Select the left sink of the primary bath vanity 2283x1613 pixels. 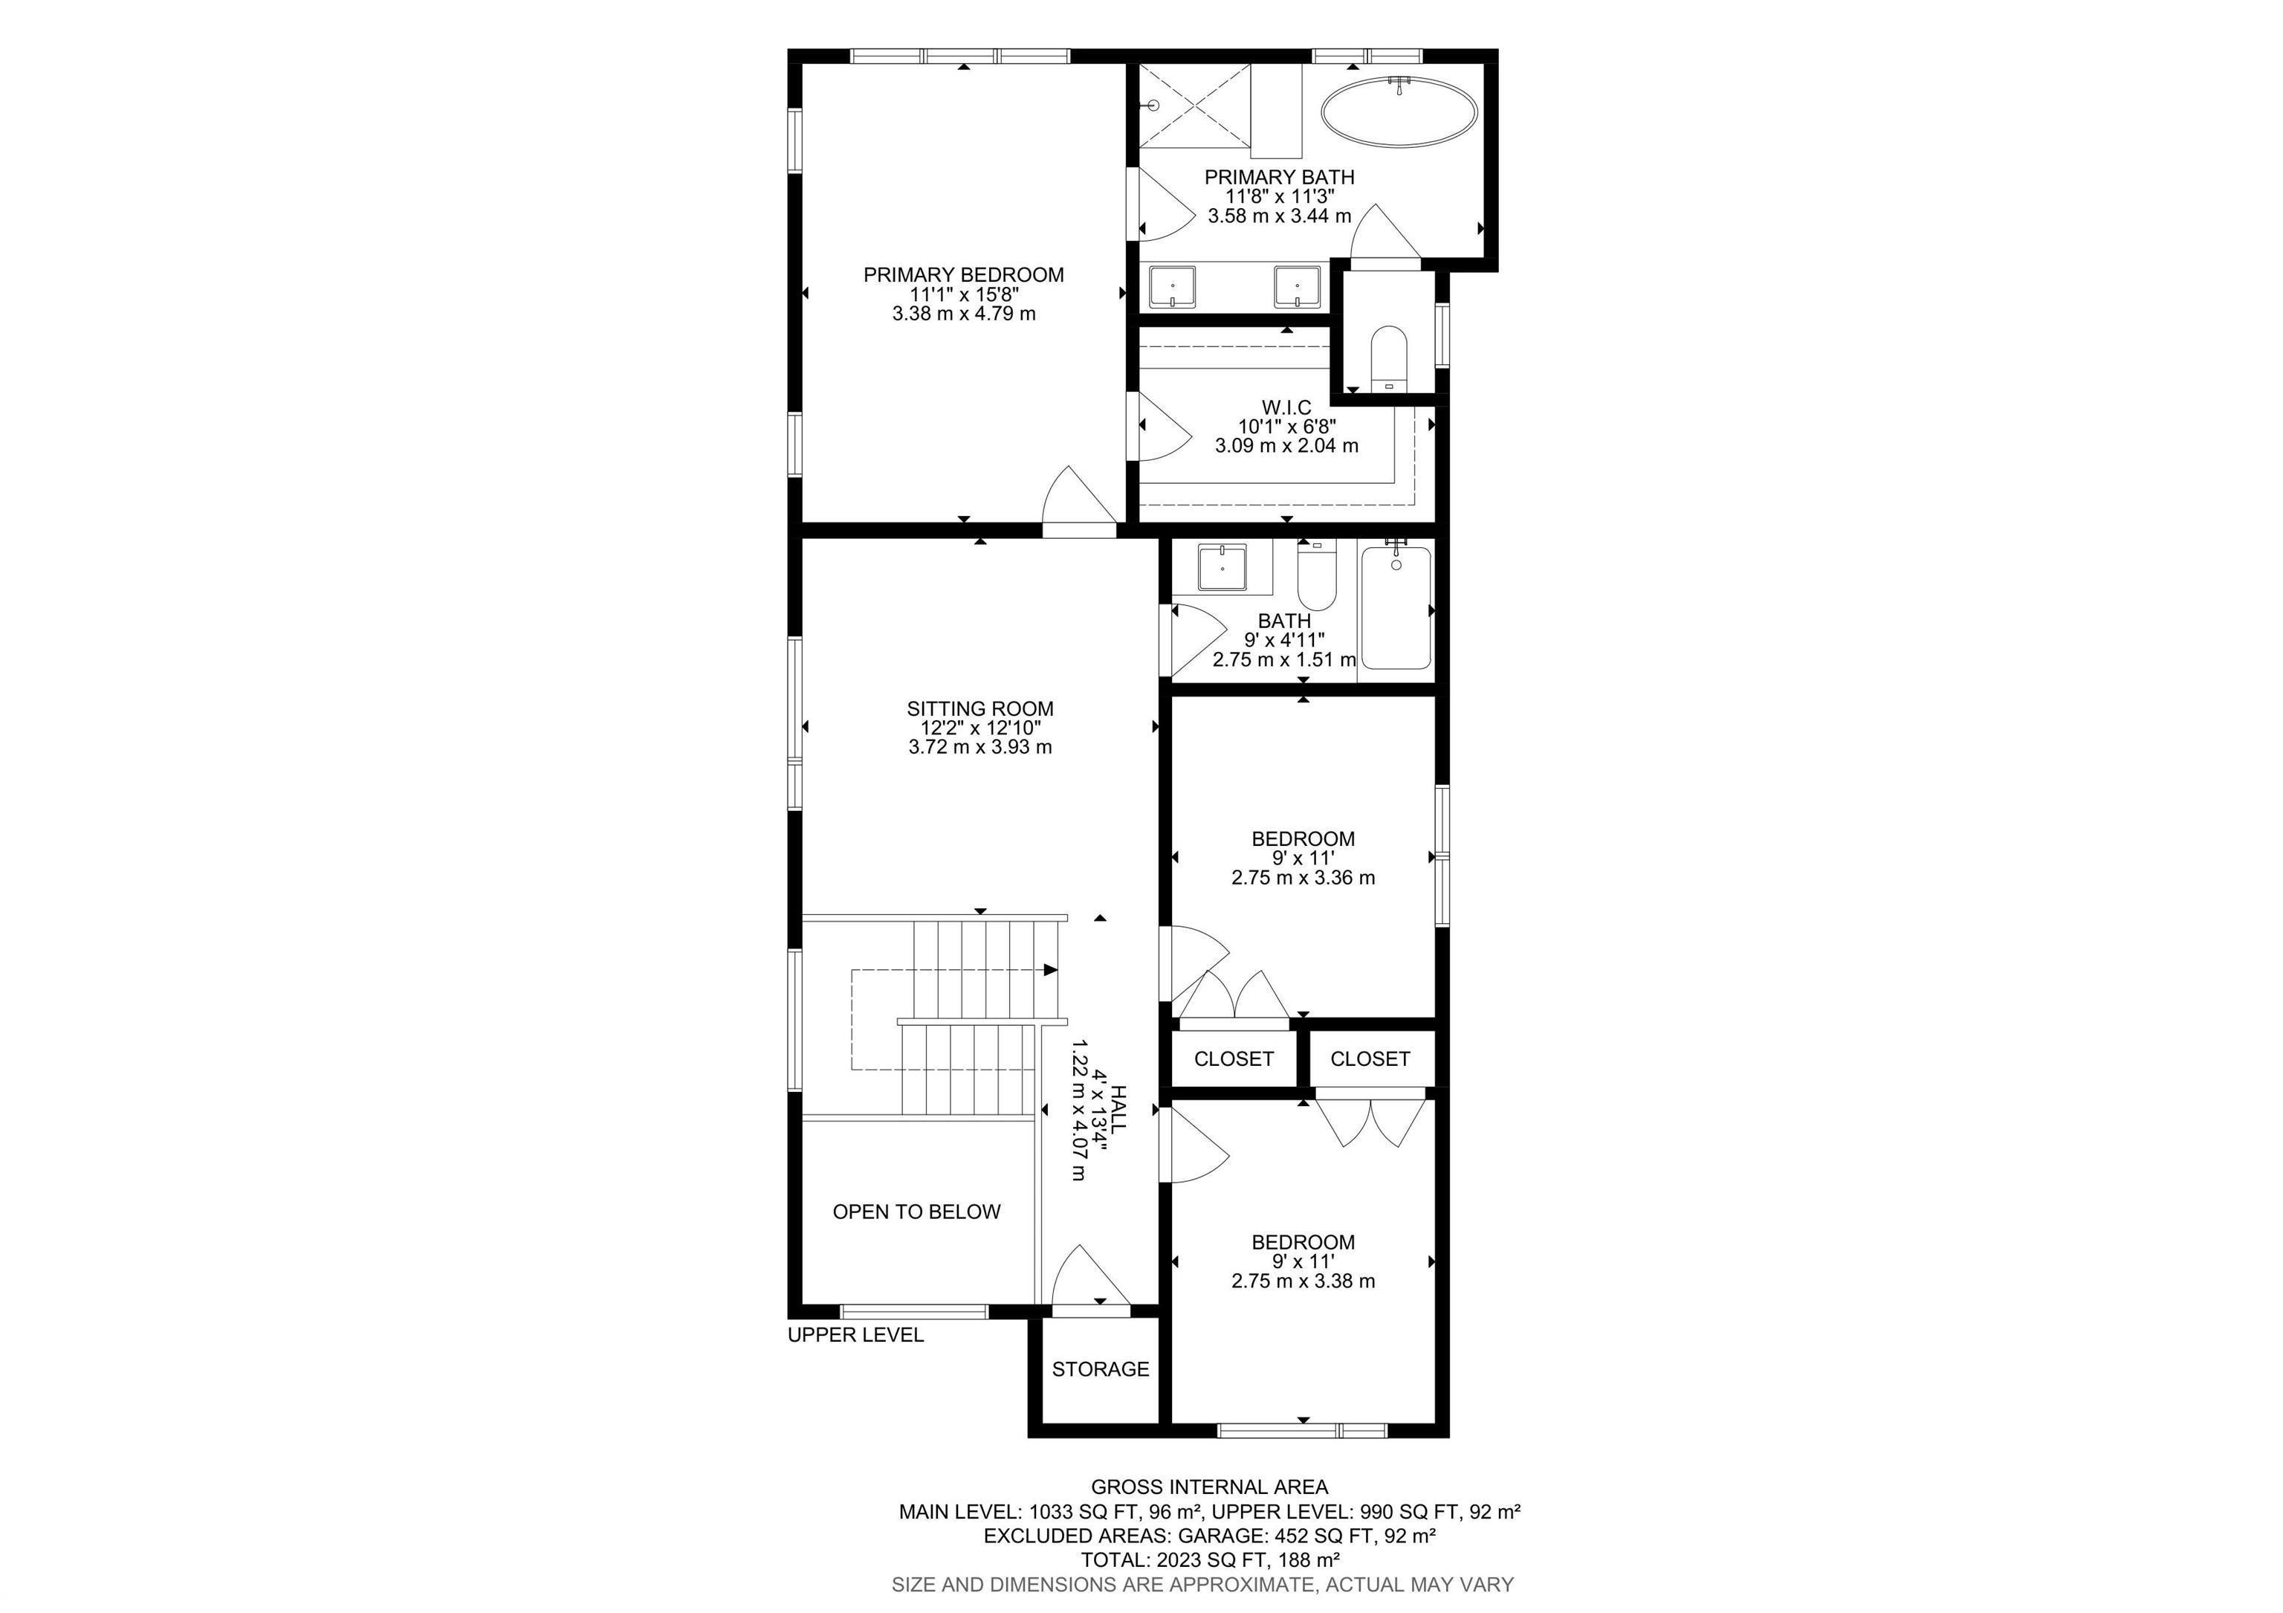tap(1172, 288)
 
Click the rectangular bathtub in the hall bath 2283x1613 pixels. tap(1396, 609)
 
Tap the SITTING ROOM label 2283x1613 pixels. tap(979, 708)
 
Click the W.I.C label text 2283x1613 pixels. tap(1286, 407)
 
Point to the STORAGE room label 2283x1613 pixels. tap(1100, 1368)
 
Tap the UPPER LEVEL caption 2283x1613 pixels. tap(855, 1334)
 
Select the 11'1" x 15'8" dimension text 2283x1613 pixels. tap(964, 294)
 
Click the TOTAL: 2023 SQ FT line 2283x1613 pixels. tap(1209, 1559)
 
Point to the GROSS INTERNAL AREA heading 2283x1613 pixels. tap(1209, 1487)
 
